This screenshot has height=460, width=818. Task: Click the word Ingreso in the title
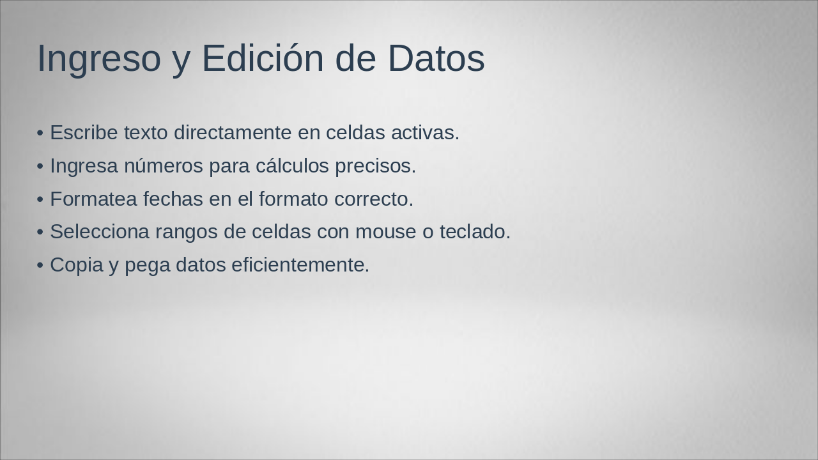click(x=98, y=59)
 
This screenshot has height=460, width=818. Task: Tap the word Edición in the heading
click(x=263, y=59)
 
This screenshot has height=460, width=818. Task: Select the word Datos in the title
click(x=436, y=59)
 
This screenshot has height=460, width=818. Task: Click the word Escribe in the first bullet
click(x=84, y=133)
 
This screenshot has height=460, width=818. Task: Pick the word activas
click(x=425, y=133)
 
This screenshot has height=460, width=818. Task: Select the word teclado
click(x=475, y=232)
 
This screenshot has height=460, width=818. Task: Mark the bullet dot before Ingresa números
click(x=40, y=167)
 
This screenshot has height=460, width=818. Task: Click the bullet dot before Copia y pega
click(x=40, y=265)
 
